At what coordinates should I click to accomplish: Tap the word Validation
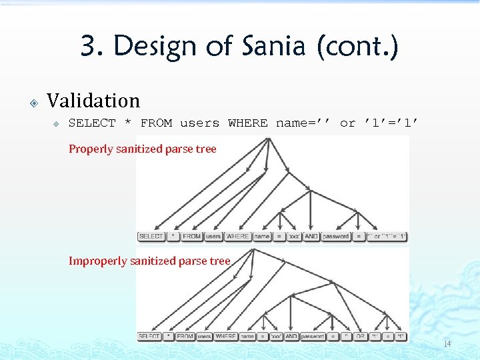pos(93,101)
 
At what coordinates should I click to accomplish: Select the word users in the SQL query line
pos(199,123)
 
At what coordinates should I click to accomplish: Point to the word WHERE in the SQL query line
pos(247,123)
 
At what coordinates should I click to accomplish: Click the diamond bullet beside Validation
pos(33,103)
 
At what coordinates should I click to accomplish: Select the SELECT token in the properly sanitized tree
pos(151,237)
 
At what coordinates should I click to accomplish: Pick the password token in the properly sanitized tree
pos(336,237)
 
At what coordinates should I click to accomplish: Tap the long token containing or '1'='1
pos(387,237)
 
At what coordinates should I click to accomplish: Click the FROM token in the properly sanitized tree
pos(192,237)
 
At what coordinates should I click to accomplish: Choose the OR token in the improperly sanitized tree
pos(361,337)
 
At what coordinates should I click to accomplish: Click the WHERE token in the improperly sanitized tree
pos(225,337)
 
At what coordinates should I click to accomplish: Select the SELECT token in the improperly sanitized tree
pos(149,337)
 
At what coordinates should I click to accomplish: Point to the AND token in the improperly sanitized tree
pos(291,337)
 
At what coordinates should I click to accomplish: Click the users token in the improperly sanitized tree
pos(204,337)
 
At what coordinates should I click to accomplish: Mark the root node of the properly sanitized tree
pos(267,138)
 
